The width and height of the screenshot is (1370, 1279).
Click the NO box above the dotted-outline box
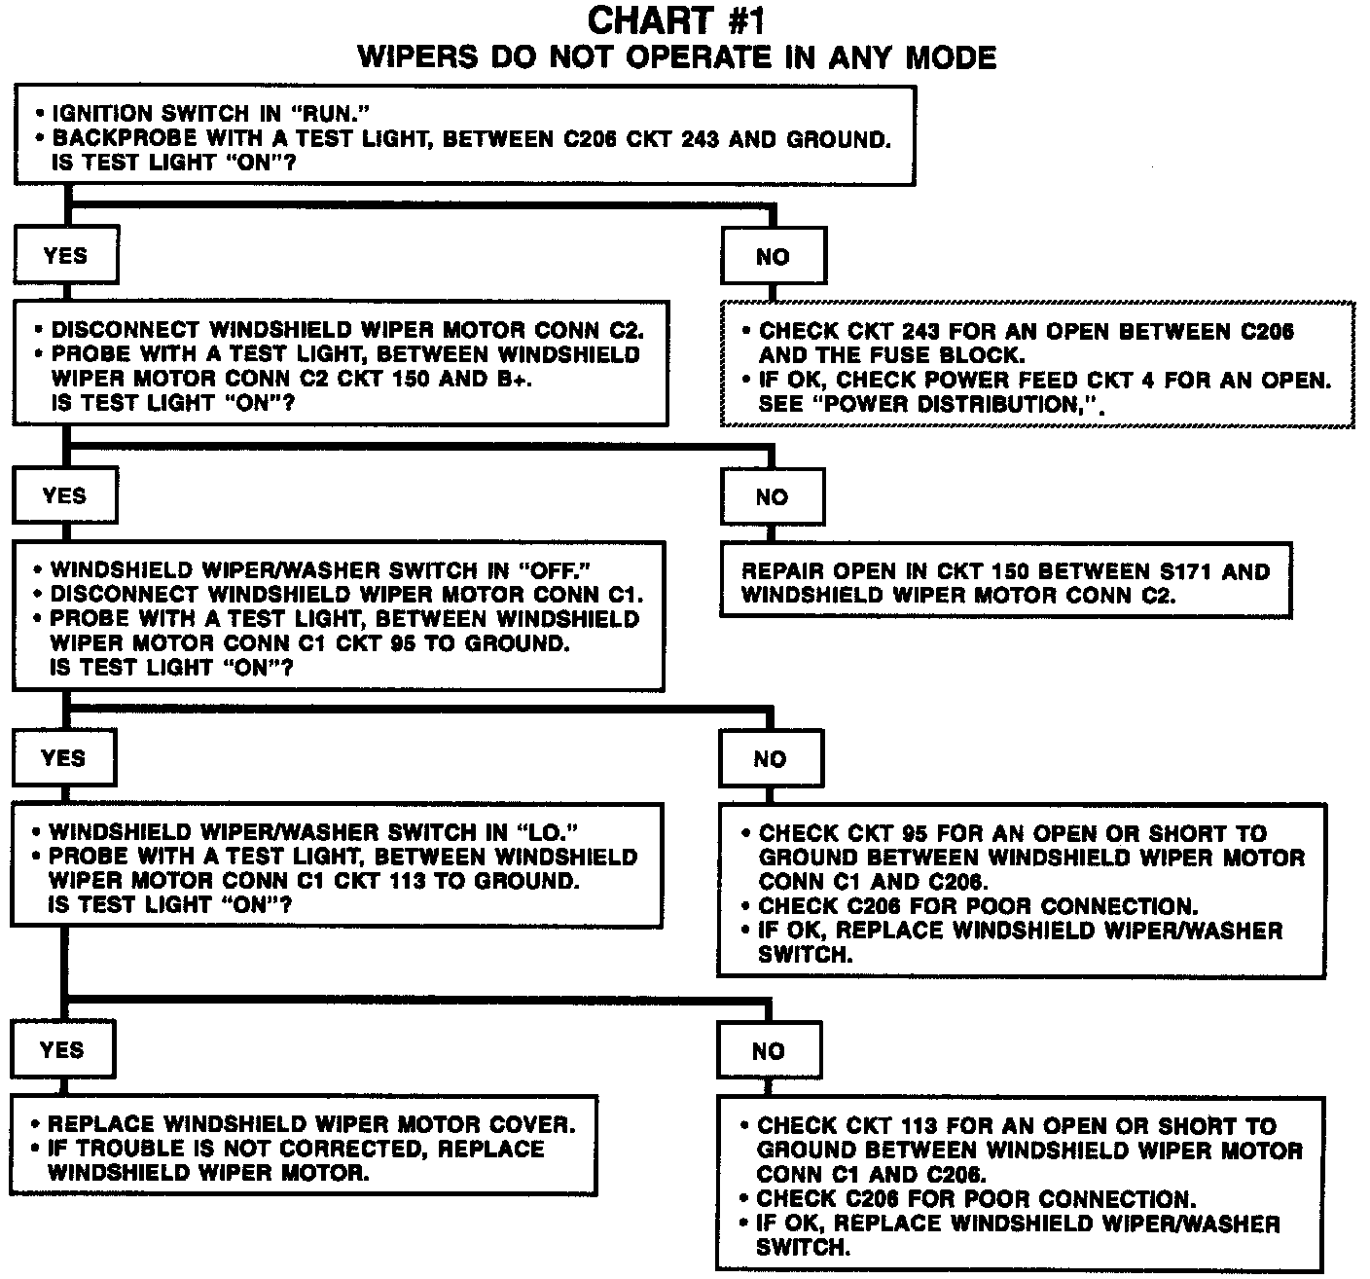pos(773,257)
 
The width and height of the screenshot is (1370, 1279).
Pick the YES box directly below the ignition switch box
pos(65,256)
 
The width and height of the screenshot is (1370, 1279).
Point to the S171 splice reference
pos(1179,571)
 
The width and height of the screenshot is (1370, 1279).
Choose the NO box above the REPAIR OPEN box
pos(772,497)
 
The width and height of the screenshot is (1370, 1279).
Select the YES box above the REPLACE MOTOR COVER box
pos(62,1050)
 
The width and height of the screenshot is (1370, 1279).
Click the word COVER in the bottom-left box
pos(528,1124)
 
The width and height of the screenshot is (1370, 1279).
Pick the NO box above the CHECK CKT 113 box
pos(768,1051)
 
